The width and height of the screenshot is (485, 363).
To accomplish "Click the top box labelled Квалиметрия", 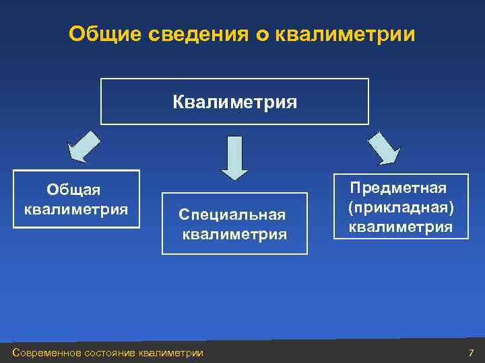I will (x=234, y=102).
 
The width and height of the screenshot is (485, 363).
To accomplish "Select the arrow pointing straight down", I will (x=234, y=157).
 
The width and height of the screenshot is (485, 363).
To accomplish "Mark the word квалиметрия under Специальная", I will (x=235, y=235).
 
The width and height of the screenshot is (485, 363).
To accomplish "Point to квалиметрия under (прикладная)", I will (x=400, y=227).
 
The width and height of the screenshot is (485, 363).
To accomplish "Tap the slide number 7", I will (x=471, y=352).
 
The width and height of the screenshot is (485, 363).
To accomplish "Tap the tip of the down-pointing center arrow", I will (x=234, y=179).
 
